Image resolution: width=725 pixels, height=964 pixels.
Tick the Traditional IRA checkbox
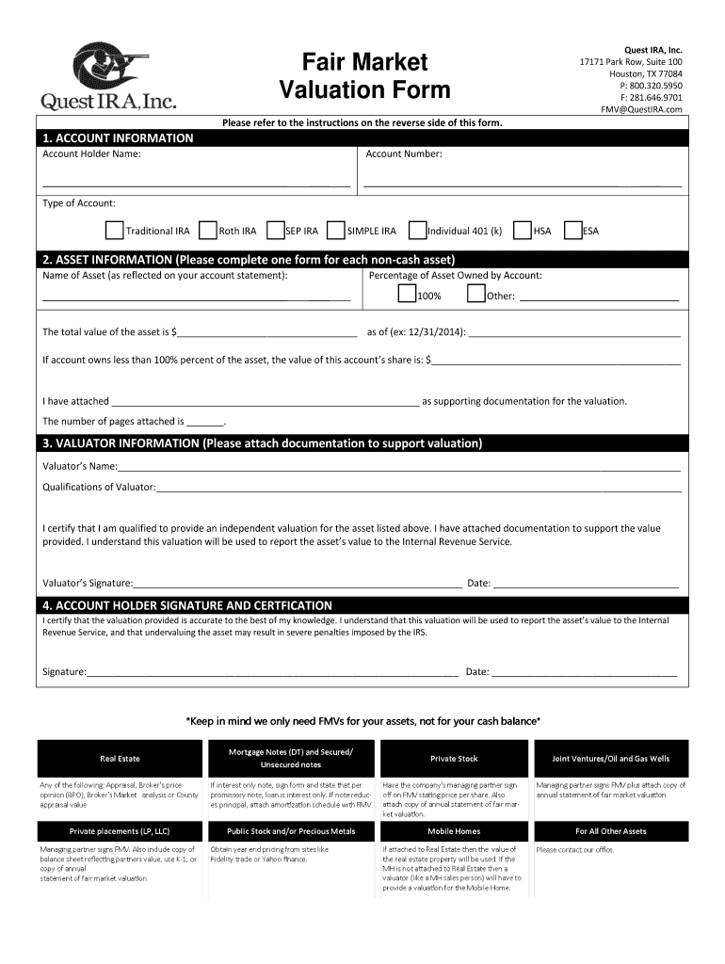click(114, 231)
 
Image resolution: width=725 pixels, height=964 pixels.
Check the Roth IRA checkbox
click(208, 231)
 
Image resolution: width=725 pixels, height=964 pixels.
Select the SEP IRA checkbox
click(276, 231)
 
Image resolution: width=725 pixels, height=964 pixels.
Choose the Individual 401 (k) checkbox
click(417, 231)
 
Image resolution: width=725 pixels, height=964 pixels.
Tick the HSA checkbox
click(523, 231)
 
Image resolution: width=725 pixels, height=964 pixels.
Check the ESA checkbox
click(572, 231)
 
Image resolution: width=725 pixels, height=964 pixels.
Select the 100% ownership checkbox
click(407, 295)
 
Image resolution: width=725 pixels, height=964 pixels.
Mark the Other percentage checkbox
click(475, 295)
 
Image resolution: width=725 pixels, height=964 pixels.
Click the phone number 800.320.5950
click(649, 86)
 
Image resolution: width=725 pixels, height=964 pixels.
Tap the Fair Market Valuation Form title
click(364, 76)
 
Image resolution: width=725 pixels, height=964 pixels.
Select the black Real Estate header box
click(121, 759)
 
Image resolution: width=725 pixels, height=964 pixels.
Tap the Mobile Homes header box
click(454, 831)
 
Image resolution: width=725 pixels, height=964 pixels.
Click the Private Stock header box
click(454, 759)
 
